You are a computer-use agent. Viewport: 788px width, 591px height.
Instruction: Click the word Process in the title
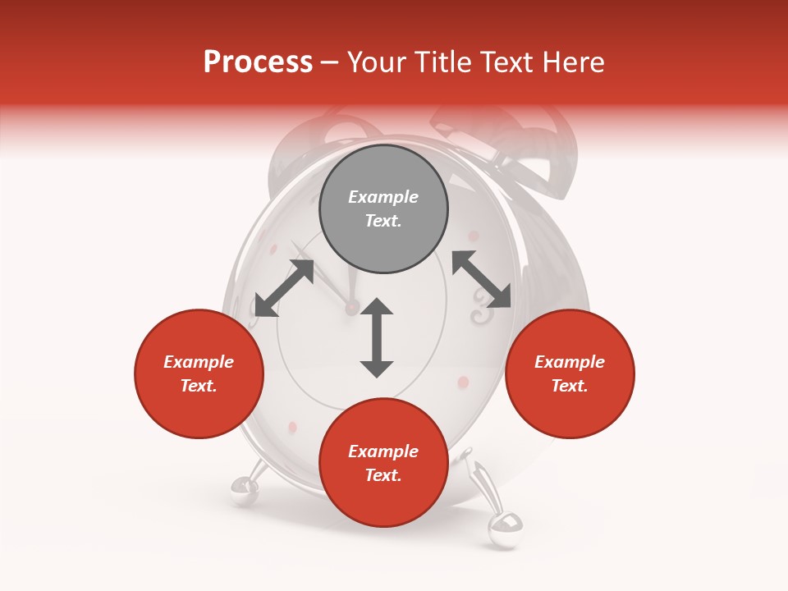pyautogui.click(x=258, y=62)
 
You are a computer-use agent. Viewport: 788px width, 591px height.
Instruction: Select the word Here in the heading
pyautogui.click(x=572, y=62)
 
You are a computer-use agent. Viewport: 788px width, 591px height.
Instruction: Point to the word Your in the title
pyautogui.click(x=375, y=62)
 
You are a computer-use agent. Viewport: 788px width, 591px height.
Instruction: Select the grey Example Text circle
pyautogui.click(x=383, y=209)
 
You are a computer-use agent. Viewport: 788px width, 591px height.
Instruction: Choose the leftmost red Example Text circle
pyautogui.click(x=199, y=374)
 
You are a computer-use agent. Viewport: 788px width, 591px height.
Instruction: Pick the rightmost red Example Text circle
pyautogui.click(x=570, y=374)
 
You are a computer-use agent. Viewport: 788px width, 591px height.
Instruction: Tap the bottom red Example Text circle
pyautogui.click(x=383, y=463)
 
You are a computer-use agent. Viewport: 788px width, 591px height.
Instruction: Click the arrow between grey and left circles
pyautogui.click(x=284, y=288)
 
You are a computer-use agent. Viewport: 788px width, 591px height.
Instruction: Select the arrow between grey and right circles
pyautogui.click(x=481, y=280)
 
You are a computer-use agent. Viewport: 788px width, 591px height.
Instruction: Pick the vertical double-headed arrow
pyautogui.click(x=377, y=337)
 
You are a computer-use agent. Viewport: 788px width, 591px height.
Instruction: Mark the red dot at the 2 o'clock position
pyautogui.click(x=474, y=236)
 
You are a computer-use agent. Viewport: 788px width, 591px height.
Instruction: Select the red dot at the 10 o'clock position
pyautogui.click(x=272, y=249)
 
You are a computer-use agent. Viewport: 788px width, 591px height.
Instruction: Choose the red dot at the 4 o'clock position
pyautogui.click(x=463, y=383)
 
